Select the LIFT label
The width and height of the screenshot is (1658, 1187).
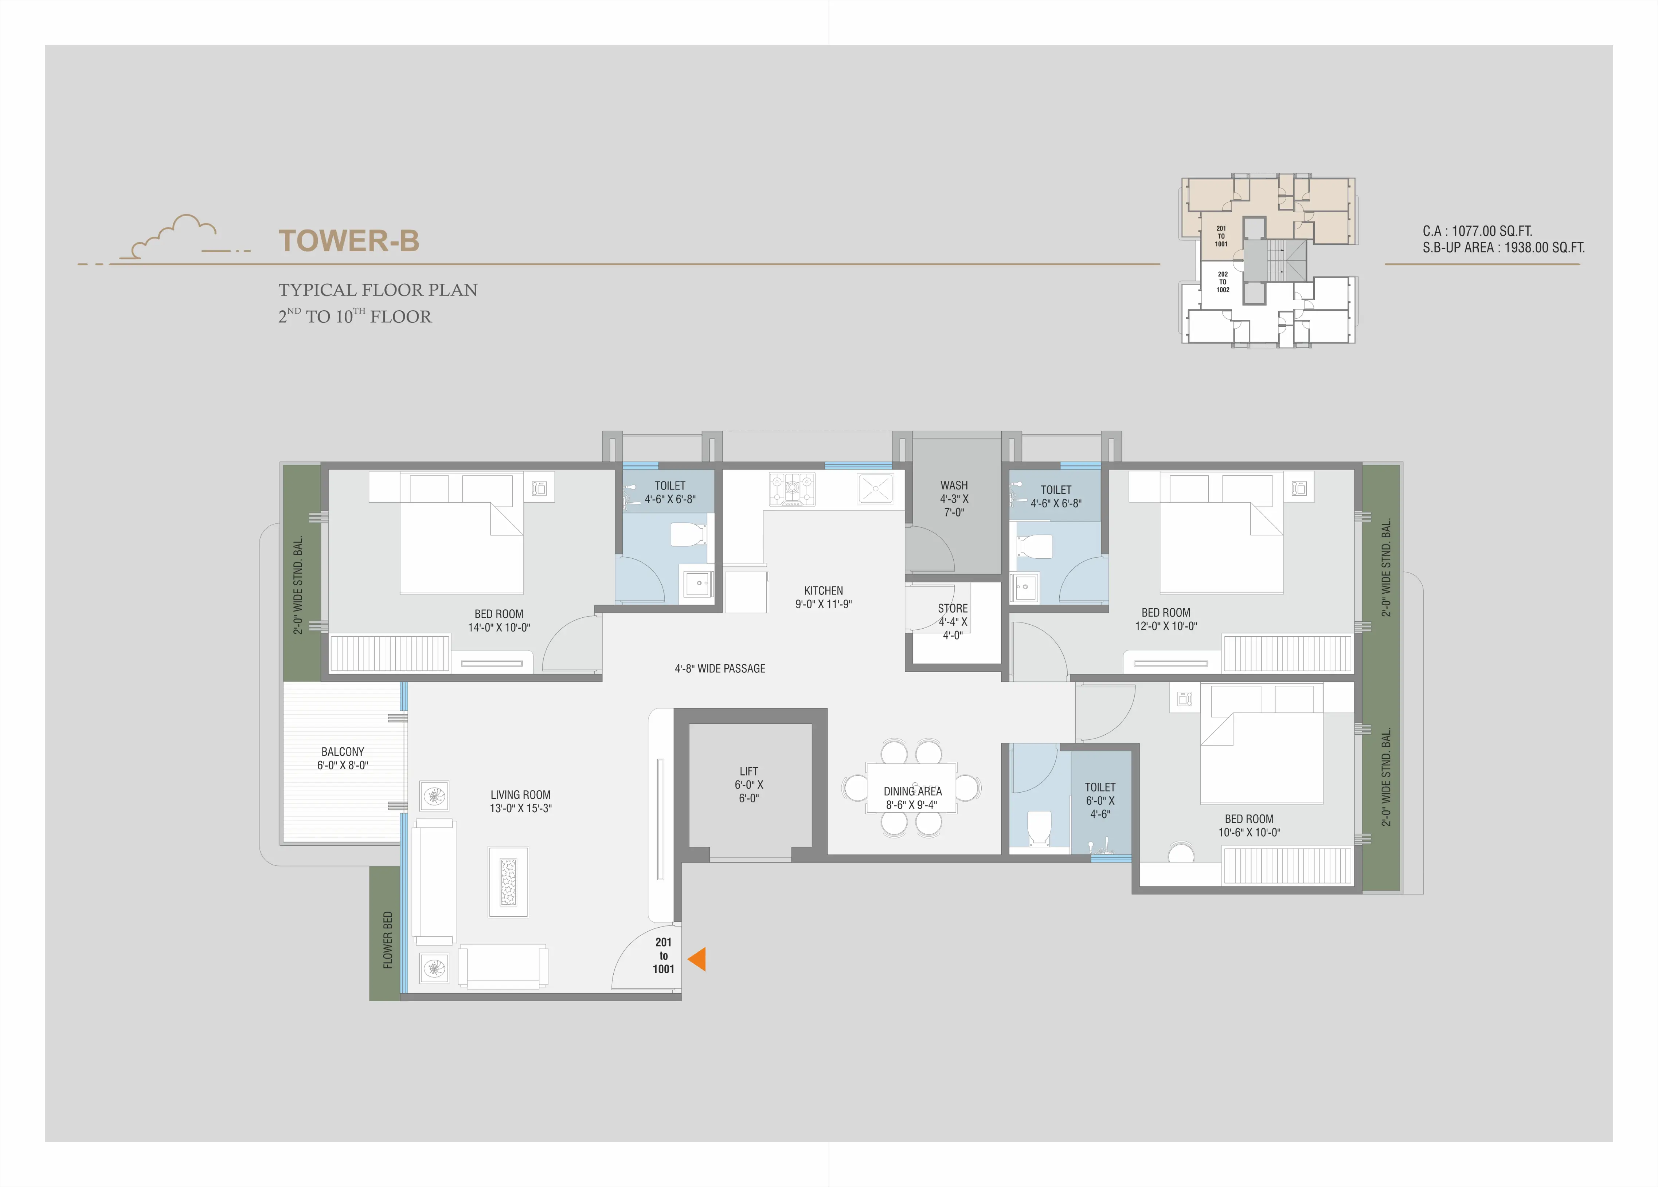click(x=748, y=771)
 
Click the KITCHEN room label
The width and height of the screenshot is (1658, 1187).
click(x=823, y=590)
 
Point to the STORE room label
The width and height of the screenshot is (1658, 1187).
click(x=953, y=608)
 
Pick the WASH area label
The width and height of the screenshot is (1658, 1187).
click(x=954, y=485)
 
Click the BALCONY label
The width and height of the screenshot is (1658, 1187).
click(x=343, y=751)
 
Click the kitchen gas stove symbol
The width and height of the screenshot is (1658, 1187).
click(x=792, y=489)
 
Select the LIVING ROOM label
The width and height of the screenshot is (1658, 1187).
click(x=520, y=794)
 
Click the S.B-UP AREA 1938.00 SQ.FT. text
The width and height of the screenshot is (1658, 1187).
click(x=1504, y=248)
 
